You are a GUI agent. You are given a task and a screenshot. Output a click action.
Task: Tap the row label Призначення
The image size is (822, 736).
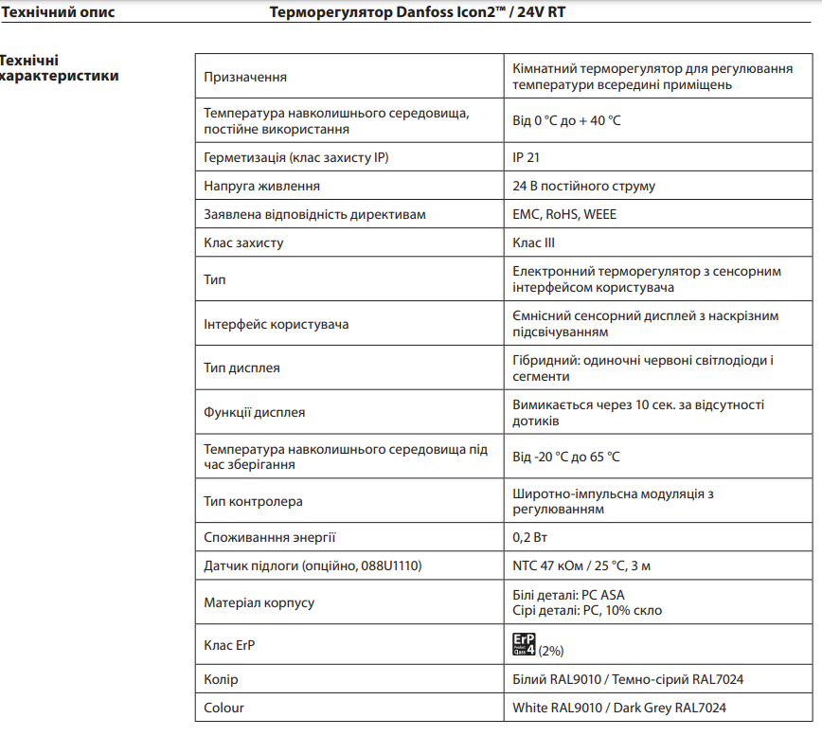coord(245,76)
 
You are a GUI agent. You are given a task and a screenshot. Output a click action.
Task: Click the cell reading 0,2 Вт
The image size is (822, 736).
coord(529,537)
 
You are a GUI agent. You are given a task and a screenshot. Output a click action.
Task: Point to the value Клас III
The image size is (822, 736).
coord(533,242)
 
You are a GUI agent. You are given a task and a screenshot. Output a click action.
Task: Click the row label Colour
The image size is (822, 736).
coord(223,708)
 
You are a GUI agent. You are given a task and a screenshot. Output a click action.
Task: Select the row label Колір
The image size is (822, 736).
coord(221,679)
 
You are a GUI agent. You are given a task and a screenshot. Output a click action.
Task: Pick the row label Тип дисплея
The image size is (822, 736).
coord(241,368)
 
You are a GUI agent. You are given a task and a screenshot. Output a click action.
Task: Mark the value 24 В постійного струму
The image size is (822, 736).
coord(583,186)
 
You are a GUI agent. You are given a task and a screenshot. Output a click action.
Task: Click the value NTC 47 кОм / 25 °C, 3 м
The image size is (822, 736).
coord(581,565)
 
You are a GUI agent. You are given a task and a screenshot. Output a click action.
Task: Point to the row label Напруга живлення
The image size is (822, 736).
coord(261,186)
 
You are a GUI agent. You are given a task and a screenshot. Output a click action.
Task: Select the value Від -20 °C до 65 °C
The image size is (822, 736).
coord(566,457)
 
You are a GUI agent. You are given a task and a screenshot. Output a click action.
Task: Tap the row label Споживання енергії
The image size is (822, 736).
coord(269,537)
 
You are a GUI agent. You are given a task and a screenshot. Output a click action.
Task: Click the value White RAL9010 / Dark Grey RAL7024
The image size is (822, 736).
coord(619,708)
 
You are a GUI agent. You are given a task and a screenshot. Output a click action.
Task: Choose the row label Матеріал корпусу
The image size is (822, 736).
coord(259,602)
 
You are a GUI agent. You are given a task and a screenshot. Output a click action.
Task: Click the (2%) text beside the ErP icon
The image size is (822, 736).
coord(551,651)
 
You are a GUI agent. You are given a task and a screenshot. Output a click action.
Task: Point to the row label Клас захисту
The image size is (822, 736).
coord(243,242)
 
